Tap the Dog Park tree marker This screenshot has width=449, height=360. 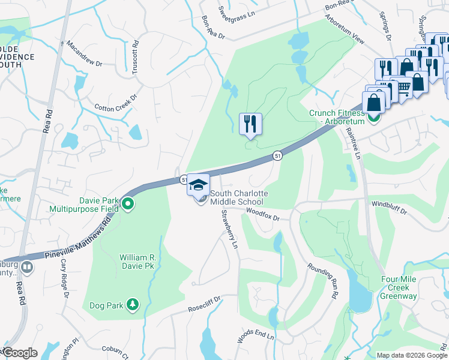pos(132,305)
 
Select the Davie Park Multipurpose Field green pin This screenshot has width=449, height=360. pos(128,205)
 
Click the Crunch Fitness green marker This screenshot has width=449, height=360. pos(374,118)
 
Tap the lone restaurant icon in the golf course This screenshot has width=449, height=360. pos(250,124)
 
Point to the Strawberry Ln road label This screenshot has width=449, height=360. pos(230,229)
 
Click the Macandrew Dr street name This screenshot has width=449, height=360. pos(84,53)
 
